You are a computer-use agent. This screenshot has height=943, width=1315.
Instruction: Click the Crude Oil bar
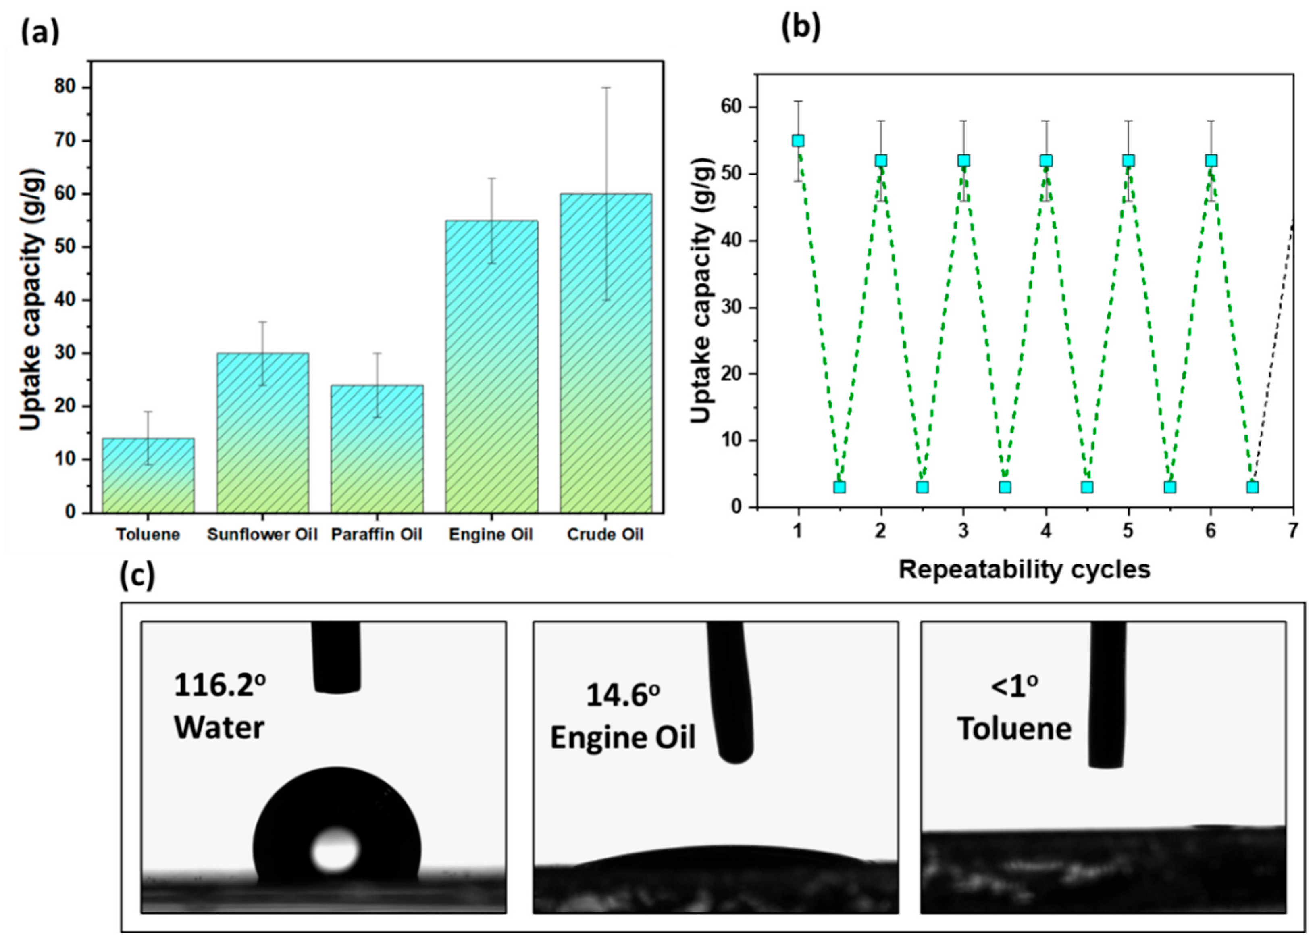pos(605,353)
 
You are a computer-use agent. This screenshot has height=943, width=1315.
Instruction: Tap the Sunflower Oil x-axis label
pos(262,534)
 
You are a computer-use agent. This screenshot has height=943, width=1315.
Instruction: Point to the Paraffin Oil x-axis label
pos(377,534)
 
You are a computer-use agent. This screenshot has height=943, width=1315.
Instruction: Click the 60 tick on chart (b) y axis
pos(731,107)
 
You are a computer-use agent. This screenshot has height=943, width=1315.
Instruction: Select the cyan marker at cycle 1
pos(798,141)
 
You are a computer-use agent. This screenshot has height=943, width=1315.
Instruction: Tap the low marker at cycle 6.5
pos(1252,487)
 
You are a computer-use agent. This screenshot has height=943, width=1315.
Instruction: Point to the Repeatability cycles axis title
pos(1024,570)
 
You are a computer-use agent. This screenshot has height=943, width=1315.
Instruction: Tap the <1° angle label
pos(1014,688)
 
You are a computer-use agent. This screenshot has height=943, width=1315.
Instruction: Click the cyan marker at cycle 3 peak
pos(963,160)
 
